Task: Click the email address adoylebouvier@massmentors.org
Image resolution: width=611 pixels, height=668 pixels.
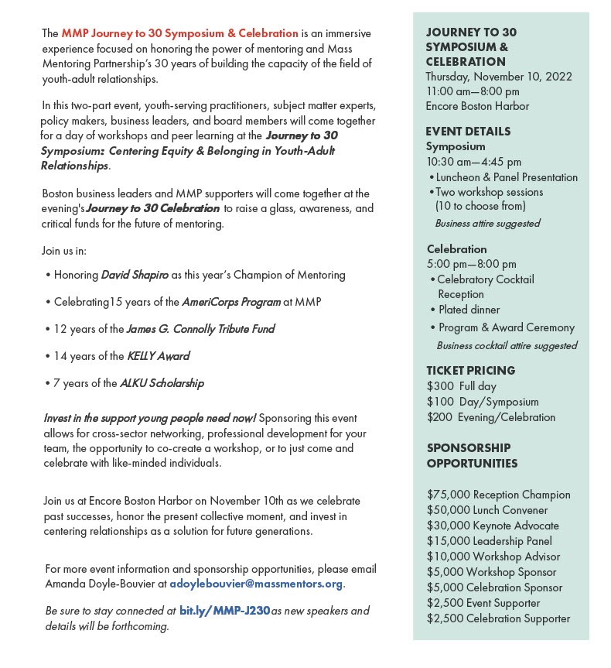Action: [256, 584]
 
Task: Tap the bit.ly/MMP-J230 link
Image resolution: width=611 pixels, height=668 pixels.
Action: [224, 611]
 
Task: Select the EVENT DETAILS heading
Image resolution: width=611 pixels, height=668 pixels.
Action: [468, 132]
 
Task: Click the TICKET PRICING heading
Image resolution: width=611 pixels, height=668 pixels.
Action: [470, 371]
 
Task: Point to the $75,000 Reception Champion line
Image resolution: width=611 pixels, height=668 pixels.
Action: [498, 495]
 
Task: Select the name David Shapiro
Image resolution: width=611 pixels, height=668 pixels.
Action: [135, 275]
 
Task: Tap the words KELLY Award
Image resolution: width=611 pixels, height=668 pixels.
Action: [158, 356]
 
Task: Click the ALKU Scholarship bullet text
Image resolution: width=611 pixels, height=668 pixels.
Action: [162, 383]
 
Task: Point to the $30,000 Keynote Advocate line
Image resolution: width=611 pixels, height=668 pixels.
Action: [493, 526]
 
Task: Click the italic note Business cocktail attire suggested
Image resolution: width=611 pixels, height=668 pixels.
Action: [507, 346]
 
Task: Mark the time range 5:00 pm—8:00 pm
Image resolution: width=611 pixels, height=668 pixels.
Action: [471, 265]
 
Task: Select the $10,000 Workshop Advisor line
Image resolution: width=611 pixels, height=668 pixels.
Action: [493, 557]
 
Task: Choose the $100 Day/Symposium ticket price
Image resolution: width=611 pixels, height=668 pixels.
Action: [483, 402]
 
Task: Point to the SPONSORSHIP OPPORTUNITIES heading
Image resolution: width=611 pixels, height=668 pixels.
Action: [471, 456]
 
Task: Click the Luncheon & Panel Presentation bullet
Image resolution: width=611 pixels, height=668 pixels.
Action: [507, 177]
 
